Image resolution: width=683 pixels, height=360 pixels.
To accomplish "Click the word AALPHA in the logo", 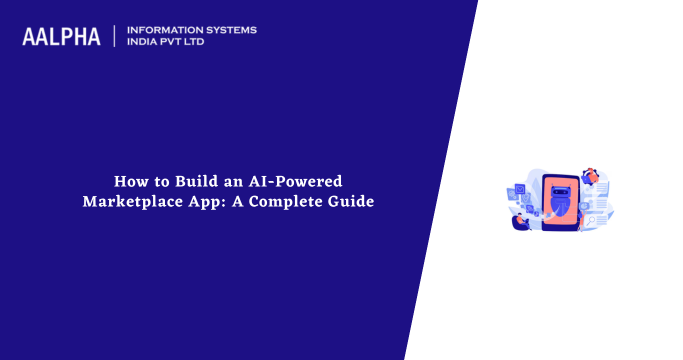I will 61,37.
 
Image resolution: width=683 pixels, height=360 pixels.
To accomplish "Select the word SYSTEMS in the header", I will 229,30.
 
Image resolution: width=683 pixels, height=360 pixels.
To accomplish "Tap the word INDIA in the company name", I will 146,43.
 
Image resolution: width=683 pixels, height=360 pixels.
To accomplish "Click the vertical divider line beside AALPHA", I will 115,36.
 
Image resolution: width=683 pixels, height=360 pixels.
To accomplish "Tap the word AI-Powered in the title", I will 300,182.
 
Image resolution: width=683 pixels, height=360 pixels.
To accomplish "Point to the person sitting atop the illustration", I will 592,175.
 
